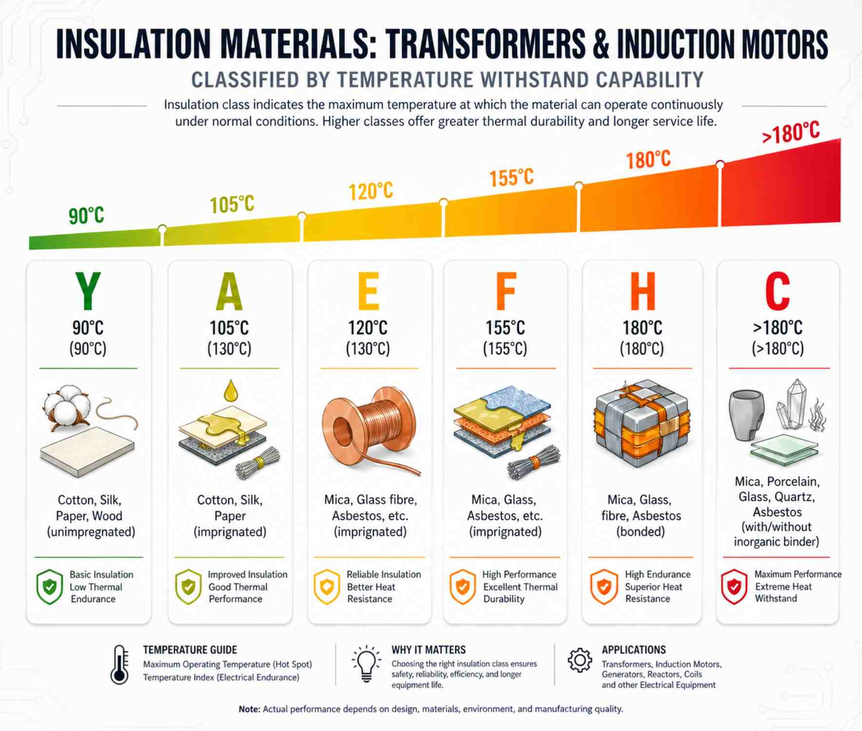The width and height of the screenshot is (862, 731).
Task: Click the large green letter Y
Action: pyautogui.click(x=88, y=291)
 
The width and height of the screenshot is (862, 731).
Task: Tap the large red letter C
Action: pyautogui.click(x=777, y=291)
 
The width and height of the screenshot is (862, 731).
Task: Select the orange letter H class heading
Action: pyautogui.click(x=642, y=291)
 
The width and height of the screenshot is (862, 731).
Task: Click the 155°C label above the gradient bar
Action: pyautogui.click(x=511, y=177)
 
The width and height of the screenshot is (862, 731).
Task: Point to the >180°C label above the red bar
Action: pyautogui.click(x=791, y=133)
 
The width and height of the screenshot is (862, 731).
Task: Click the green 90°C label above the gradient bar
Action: pyautogui.click(x=86, y=215)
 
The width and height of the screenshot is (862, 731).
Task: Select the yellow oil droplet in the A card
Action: pyautogui.click(x=230, y=390)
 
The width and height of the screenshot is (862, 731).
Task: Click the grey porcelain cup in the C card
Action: pyautogui.click(x=746, y=414)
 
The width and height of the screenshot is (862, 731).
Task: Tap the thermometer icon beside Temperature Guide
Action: pyautogui.click(x=119, y=665)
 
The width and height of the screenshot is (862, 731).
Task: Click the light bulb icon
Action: pyautogui.click(x=366, y=664)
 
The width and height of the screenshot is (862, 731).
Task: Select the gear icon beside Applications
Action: pyautogui.click(x=579, y=660)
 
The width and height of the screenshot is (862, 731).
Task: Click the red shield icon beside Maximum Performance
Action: pyautogui.click(x=734, y=586)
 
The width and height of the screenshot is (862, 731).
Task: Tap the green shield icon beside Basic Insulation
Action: pyautogui.click(x=49, y=587)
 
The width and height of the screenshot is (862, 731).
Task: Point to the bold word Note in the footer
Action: pyautogui.click(x=249, y=709)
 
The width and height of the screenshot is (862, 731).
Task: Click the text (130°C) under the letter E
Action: pyautogui.click(x=368, y=349)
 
